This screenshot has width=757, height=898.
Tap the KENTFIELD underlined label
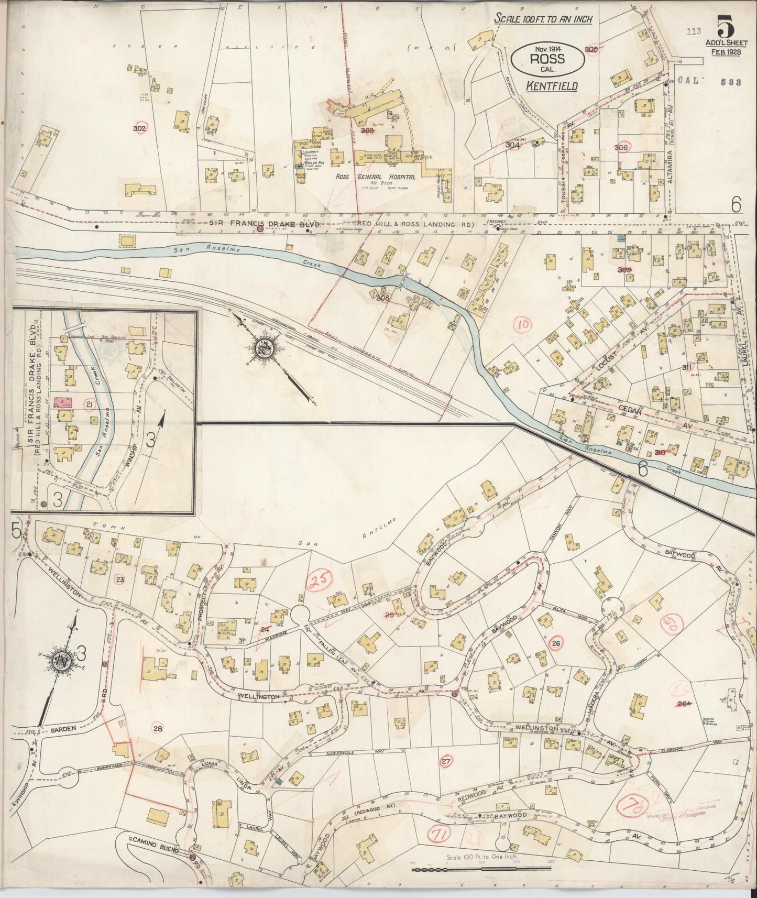click(x=552, y=85)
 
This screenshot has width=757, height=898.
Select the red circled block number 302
click(x=139, y=128)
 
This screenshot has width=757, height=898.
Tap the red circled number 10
click(x=523, y=324)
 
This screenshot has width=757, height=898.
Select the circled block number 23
click(x=119, y=579)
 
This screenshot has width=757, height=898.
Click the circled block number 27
click(x=446, y=761)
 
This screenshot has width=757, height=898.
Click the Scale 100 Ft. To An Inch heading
click(x=544, y=19)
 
